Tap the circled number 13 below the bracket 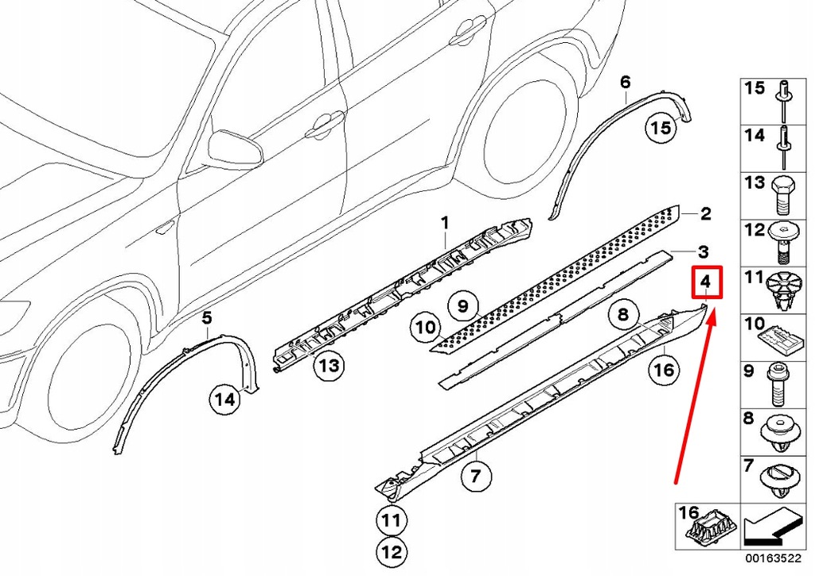(328, 366)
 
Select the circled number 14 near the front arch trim (225, 400)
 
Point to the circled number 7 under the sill (475, 477)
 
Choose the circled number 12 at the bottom (392, 550)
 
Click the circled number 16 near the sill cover (664, 369)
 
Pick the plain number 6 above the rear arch (625, 82)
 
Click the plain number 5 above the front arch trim (206, 318)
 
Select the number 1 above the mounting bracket (446, 221)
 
